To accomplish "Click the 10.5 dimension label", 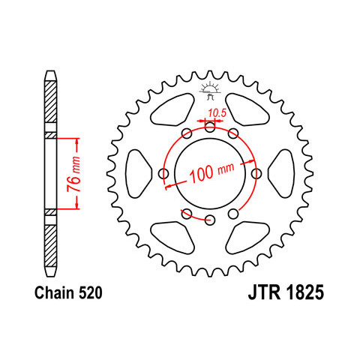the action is [217, 113].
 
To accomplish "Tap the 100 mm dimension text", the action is [211, 172].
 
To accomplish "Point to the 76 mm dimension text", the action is [74, 174].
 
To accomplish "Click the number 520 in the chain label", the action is [91, 292].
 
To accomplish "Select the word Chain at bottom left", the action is [55, 292].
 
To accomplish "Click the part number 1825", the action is [305, 292].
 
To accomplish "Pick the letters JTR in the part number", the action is [264, 292].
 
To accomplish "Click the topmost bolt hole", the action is [210, 127].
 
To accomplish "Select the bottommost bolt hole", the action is [210, 220].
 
